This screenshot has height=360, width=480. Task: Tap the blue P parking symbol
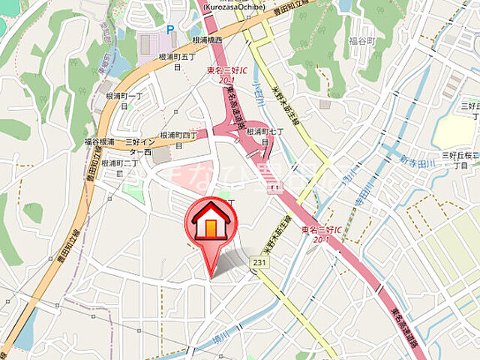tap(170, 29)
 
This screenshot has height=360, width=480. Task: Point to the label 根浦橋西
tap(208, 40)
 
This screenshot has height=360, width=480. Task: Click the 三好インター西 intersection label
tap(139, 146)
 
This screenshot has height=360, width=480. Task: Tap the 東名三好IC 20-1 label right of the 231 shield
tap(321, 233)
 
